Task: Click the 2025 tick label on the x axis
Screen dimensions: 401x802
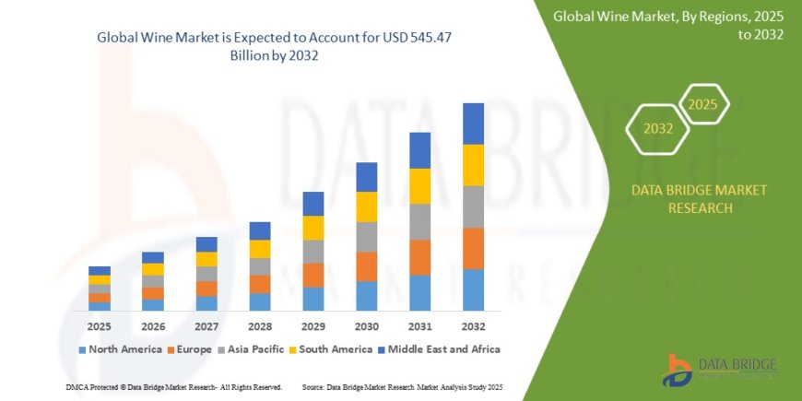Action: point(100,326)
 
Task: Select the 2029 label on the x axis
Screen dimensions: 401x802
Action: point(313,326)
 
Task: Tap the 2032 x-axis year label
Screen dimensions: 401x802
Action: point(473,326)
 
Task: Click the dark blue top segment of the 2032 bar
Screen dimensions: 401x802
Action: point(473,124)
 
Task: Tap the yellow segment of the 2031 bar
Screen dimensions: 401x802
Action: point(419,186)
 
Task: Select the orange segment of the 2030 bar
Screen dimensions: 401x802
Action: point(367,266)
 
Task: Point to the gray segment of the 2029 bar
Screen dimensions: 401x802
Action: point(313,252)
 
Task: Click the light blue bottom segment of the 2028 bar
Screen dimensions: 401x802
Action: point(260,301)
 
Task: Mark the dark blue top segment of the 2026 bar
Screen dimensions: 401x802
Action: point(153,257)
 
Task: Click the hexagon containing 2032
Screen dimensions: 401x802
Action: point(658,129)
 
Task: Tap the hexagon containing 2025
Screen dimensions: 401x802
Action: point(703,104)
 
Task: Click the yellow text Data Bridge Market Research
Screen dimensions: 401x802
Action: point(699,198)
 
